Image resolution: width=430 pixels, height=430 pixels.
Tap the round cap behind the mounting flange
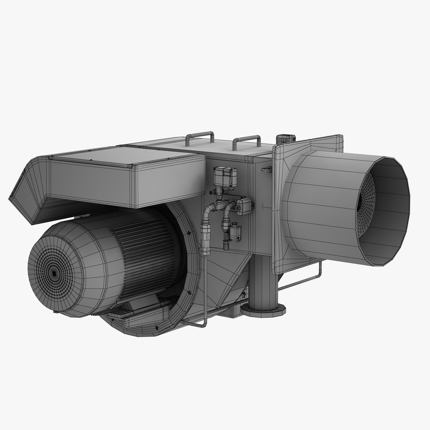pos(285,139)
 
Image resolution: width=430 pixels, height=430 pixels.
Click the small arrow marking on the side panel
pos(264,206)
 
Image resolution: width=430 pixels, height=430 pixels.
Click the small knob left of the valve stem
pos(213,192)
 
